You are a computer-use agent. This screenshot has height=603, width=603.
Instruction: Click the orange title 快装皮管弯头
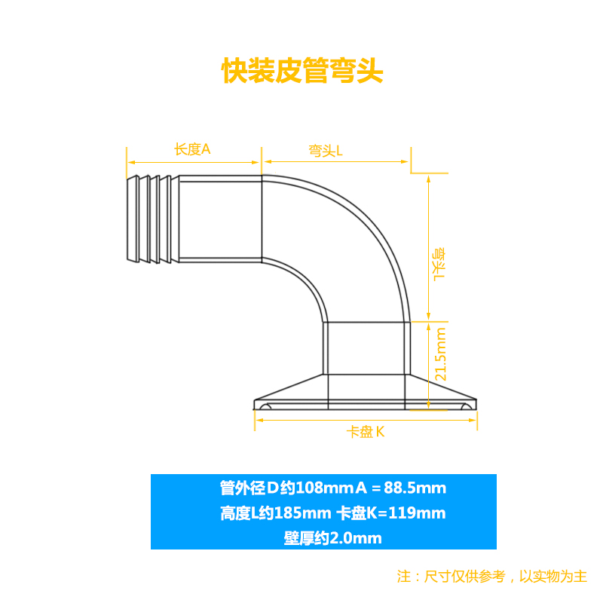coord(302,71)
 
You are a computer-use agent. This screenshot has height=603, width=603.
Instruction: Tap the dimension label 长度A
coord(192,149)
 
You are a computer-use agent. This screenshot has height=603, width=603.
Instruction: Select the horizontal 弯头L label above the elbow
coord(326,151)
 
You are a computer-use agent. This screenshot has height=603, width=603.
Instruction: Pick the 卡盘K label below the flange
coord(366,432)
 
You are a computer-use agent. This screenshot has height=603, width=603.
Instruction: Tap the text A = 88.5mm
coord(399,488)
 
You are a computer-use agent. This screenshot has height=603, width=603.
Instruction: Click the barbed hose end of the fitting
coord(152,219)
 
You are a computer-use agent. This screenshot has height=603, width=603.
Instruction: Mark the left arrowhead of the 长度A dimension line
coord(129,161)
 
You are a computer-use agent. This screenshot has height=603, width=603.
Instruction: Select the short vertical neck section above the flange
coord(367,348)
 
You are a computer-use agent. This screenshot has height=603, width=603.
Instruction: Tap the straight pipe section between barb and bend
coord(220,219)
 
